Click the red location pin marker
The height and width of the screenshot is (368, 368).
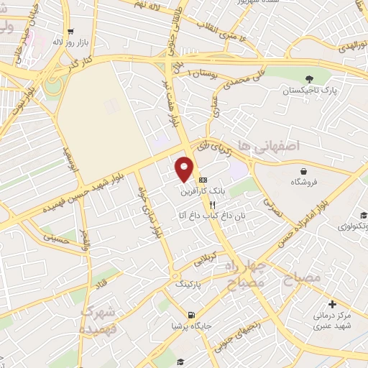[x=185, y=168]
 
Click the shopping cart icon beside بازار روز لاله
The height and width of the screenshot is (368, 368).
[x=70, y=31]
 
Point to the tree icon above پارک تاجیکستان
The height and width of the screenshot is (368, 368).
[x=310, y=78]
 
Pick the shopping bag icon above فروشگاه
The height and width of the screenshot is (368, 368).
[x=304, y=171]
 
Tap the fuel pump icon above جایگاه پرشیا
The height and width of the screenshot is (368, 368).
[x=190, y=315]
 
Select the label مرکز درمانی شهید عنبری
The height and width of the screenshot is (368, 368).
[x=331, y=321]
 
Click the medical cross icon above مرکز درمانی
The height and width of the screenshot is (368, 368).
[x=331, y=304]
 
